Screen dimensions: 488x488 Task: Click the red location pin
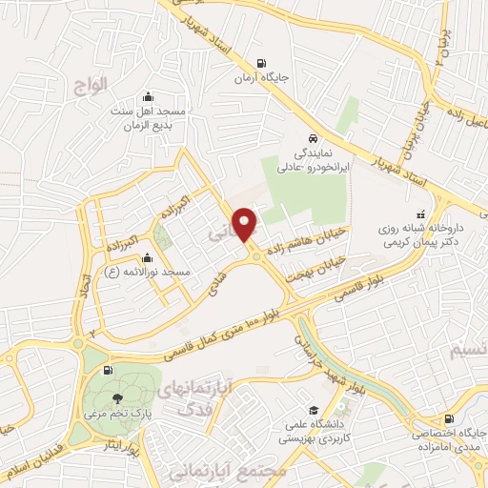coord(246,224)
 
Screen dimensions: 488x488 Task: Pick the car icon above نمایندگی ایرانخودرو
coord(312,135)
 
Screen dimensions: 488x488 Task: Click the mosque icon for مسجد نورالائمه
coord(147,257)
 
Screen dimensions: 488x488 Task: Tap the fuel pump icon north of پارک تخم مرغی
coord(107,370)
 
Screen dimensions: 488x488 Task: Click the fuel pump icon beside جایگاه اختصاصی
coord(449,417)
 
